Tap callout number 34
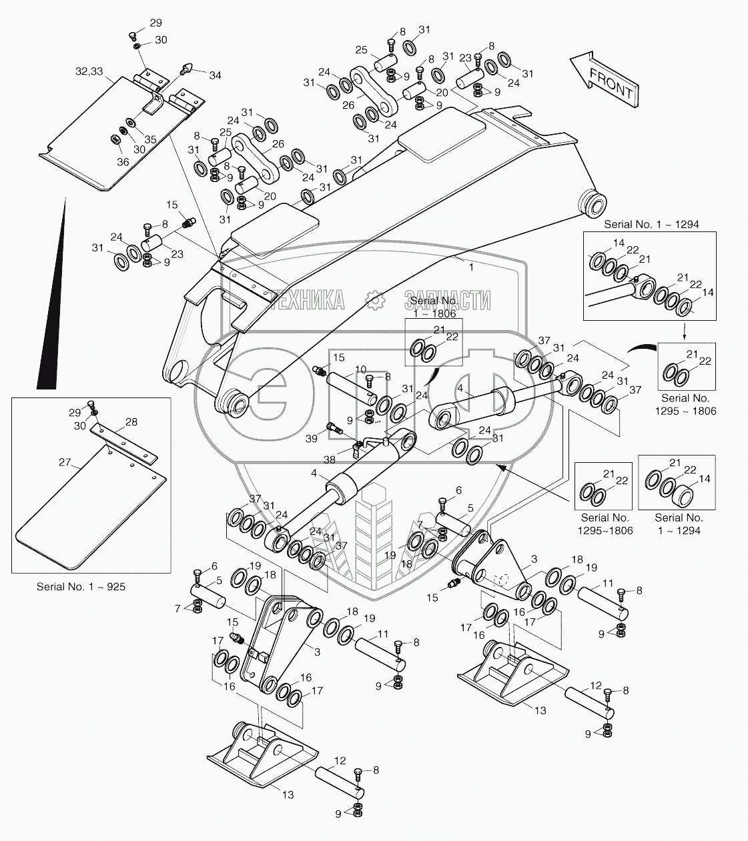click(x=215, y=75)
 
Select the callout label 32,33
click(x=89, y=71)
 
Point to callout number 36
click(x=123, y=162)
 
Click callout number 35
click(x=150, y=139)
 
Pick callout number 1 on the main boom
click(x=471, y=267)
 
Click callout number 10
click(x=360, y=369)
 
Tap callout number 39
click(x=312, y=439)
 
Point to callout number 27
click(x=64, y=462)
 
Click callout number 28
click(x=131, y=422)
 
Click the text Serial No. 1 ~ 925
click(x=81, y=586)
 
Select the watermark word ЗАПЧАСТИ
click(x=447, y=299)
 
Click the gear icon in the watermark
click(x=374, y=299)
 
